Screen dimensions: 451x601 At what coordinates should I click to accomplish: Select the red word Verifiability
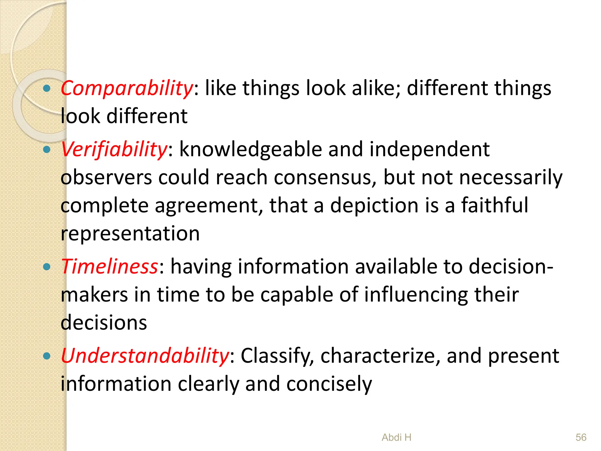click(x=114, y=149)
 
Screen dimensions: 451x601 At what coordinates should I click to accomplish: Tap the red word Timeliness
click(x=109, y=267)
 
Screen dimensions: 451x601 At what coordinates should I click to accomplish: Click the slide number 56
click(x=581, y=437)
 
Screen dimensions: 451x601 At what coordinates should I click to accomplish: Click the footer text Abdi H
click(x=396, y=437)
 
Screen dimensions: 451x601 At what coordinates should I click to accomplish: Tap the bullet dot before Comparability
click(x=47, y=88)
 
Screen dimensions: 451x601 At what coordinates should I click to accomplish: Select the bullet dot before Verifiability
click(x=47, y=150)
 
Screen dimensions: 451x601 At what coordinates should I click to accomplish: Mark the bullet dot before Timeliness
click(x=47, y=267)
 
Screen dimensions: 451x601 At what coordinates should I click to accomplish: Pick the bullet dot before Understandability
click(x=47, y=356)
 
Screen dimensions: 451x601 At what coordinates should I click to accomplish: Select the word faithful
click(x=495, y=205)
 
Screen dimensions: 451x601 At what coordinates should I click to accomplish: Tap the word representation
click(x=130, y=234)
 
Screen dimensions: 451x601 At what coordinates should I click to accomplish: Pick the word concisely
click(x=329, y=384)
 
